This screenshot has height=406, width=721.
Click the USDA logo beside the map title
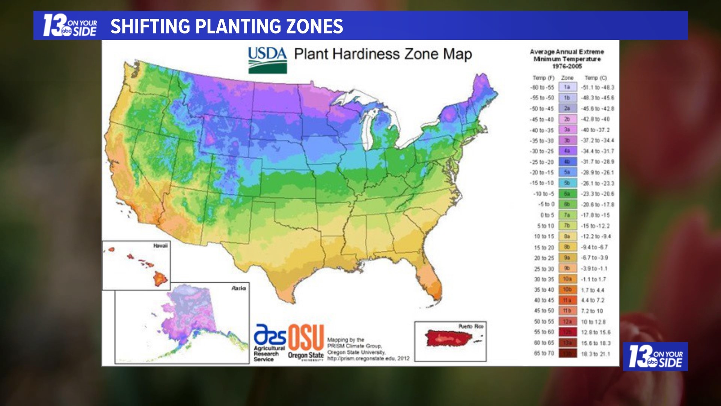coord(267,59)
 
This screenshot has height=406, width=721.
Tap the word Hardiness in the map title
coord(366,54)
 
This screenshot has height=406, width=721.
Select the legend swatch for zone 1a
coord(567,87)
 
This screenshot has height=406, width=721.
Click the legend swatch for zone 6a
coord(567,194)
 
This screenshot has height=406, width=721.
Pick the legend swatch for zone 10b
coord(567,290)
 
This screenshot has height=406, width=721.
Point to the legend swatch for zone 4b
coord(567,162)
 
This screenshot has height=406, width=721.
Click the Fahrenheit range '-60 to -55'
coord(542,88)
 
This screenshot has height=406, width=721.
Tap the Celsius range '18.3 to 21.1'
coord(596,354)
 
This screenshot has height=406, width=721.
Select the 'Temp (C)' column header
coord(596,78)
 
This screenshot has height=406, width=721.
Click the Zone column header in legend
coord(567,78)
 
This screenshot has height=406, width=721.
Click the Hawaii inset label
coord(160,245)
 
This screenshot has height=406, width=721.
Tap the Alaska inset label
coord(238,288)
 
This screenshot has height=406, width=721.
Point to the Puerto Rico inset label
coord(471,326)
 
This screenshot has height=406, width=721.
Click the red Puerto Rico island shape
coord(448,338)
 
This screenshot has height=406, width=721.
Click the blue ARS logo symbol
coord(270,335)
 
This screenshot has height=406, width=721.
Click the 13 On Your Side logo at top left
coord(70,26)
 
